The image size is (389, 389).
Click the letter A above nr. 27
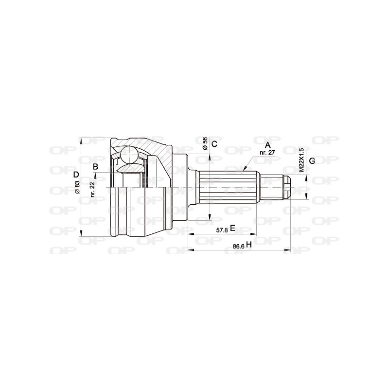point(267,144)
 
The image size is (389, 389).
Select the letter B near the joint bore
point(96,167)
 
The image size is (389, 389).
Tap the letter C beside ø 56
point(214,143)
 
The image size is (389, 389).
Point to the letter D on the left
point(75,175)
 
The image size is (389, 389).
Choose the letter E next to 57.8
point(232,228)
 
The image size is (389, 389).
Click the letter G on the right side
point(312,160)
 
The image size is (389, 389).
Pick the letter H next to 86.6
point(248,246)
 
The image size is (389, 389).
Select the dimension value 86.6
point(238,246)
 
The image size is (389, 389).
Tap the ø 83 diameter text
point(77,188)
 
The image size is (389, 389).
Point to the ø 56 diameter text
point(205,143)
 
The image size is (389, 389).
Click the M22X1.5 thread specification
point(301,160)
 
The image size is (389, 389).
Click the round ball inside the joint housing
point(130,155)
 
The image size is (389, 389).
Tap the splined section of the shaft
point(229,187)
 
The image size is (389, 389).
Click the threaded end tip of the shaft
point(287,187)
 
